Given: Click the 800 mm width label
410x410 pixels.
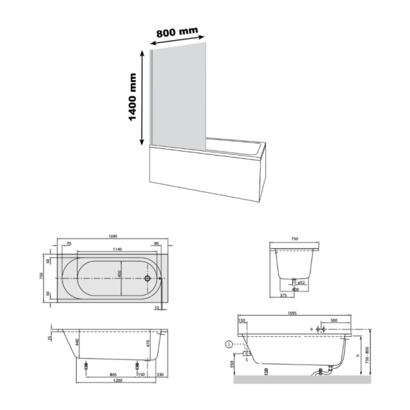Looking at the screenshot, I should point(177,32).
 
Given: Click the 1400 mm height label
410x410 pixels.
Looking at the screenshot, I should point(132,97).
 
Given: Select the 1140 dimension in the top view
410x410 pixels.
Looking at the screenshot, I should point(117,249).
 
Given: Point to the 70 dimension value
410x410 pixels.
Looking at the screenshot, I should point(69,244).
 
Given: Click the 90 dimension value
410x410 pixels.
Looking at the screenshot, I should point(156,244).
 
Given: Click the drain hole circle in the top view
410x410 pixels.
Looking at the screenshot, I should point(148,278).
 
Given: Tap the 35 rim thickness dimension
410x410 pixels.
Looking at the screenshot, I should point(49,338).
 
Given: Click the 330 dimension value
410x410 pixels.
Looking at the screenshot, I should point(160,375).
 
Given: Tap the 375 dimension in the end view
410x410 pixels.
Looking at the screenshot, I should point(283,296).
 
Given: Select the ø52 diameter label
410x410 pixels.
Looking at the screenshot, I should point(301,283).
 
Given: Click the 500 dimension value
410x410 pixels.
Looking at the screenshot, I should point(334,320).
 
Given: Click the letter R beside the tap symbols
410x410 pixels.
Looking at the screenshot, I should point(311,329).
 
